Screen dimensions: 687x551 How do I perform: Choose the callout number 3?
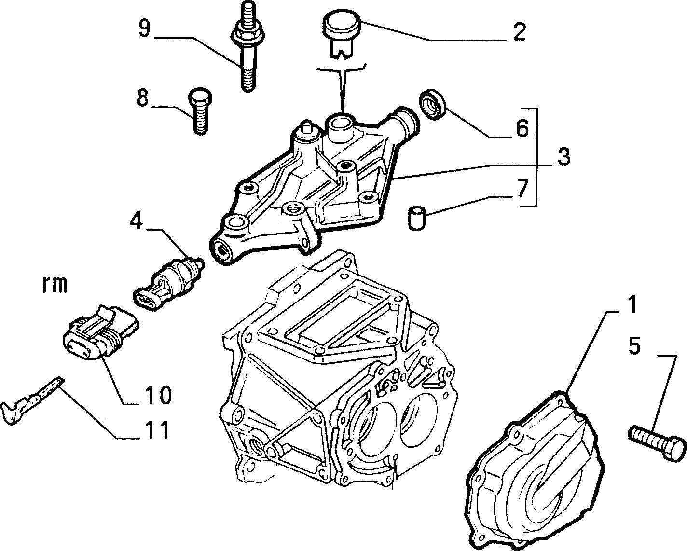(563, 156)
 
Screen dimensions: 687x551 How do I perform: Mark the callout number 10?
(158, 395)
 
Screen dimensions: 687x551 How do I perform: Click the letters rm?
(55, 285)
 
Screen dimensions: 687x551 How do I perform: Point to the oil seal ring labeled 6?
(433, 105)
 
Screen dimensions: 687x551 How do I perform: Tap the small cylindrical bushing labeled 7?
(417, 218)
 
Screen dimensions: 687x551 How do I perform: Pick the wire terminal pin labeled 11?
(32, 401)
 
